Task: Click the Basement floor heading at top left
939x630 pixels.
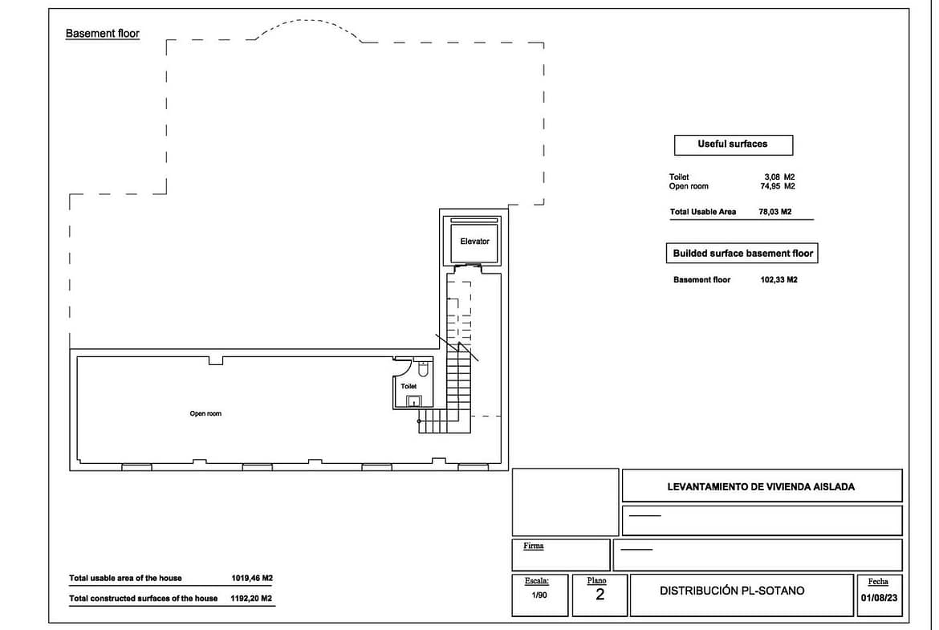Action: click(103, 34)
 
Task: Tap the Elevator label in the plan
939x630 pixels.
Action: click(474, 242)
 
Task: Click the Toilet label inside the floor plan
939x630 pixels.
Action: click(409, 386)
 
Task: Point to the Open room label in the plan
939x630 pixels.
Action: click(205, 413)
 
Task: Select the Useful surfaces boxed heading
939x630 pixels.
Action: click(733, 144)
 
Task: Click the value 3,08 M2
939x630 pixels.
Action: click(779, 177)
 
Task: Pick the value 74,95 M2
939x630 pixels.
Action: click(778, 186)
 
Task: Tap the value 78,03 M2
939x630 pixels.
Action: click(775, 211)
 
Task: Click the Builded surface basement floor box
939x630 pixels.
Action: click(742, 254)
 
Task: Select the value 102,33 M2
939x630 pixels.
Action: click(778, 279)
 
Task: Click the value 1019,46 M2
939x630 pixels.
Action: click(252, 578)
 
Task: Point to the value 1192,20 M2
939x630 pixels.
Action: click(251, 598)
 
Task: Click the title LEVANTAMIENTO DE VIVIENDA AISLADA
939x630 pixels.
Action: click(761, 487)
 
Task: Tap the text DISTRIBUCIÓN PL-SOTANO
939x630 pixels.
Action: click(732, 591)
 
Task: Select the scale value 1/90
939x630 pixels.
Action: click(539, 595)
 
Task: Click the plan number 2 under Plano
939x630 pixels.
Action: click(600, 594)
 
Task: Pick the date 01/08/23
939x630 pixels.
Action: click(879, 598)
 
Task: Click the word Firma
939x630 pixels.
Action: click(533, 546)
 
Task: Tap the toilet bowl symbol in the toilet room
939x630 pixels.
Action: click(423, 368)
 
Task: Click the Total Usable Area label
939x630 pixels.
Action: click(703, 211)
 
